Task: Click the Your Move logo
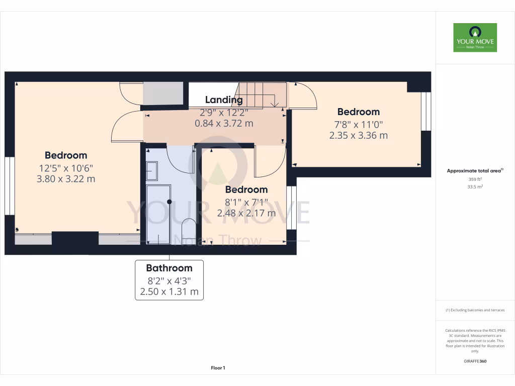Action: click(475, 37)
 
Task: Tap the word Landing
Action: click(224, 100)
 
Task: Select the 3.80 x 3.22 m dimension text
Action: click(66, 178)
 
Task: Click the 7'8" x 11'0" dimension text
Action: click(358, 124)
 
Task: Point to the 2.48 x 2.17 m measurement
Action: click(246, 213)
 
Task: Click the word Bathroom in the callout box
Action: click(169, 268)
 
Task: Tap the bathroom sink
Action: click(151, 171)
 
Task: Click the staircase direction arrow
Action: click(274, 104)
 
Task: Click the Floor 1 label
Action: click(218, 368)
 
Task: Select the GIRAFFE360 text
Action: click(475, 361)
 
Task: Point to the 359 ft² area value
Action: click(475, 179)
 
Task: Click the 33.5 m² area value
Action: click(475, 186)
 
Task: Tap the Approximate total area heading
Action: click(474, 171)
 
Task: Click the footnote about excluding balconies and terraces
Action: click(475, 310)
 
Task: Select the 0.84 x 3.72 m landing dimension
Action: click(224, 123)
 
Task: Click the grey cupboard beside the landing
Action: click(163, 94)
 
